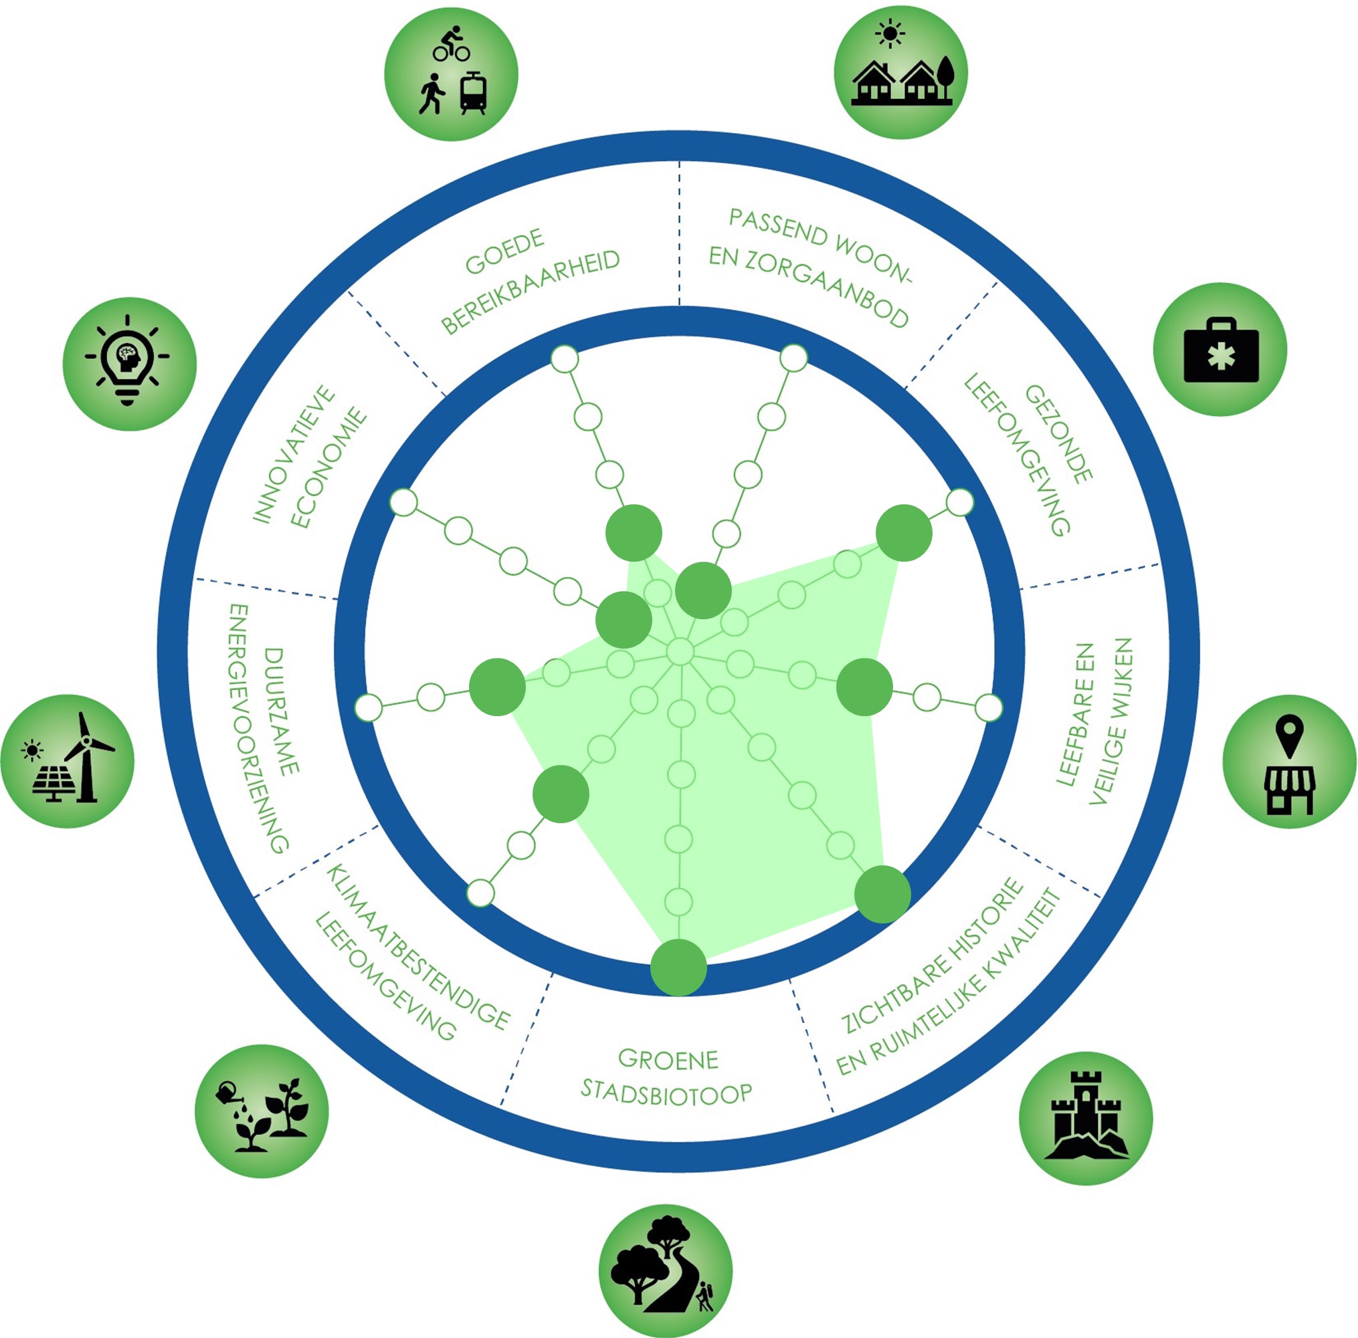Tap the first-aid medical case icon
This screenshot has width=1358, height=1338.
point(1221,350)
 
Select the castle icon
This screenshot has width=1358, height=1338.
point(1085,1117)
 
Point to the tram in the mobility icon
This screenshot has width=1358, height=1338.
point(474,94)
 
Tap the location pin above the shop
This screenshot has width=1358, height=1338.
point(1290,734)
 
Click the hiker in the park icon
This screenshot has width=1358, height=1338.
point(704,1297)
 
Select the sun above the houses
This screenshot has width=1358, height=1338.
point(890,33)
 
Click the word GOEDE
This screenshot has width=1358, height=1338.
point(504,251)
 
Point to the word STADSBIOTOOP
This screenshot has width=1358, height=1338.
point(666,1093)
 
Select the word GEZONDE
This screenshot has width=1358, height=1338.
point(1058,433)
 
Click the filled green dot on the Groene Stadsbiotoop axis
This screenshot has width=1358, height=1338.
point(678,967)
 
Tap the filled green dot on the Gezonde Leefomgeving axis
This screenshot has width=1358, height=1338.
point(904,533)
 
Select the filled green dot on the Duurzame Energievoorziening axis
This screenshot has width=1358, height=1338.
point(497,687)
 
